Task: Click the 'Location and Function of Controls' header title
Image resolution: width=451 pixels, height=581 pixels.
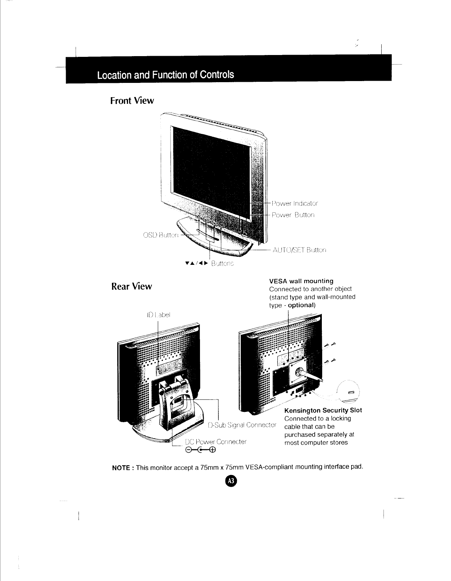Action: coord(165,75)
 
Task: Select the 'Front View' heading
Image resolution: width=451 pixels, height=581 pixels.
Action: coord(132,101)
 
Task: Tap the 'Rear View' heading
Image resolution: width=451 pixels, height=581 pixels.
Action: coord(131,286)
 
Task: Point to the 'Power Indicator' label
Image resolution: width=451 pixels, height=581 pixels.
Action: coord(295,203)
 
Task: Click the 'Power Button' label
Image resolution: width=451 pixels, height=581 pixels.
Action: coord(293,215)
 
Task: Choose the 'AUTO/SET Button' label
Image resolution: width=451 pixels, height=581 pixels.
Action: coord(299,250)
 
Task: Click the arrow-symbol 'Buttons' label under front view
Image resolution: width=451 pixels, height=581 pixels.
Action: coord(210,263)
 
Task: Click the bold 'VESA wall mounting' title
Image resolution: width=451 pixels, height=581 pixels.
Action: coord(301,281)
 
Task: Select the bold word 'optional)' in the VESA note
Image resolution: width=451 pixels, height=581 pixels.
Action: coord(302,305)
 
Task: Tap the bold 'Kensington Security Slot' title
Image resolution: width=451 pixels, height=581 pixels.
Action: coord(323,410)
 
